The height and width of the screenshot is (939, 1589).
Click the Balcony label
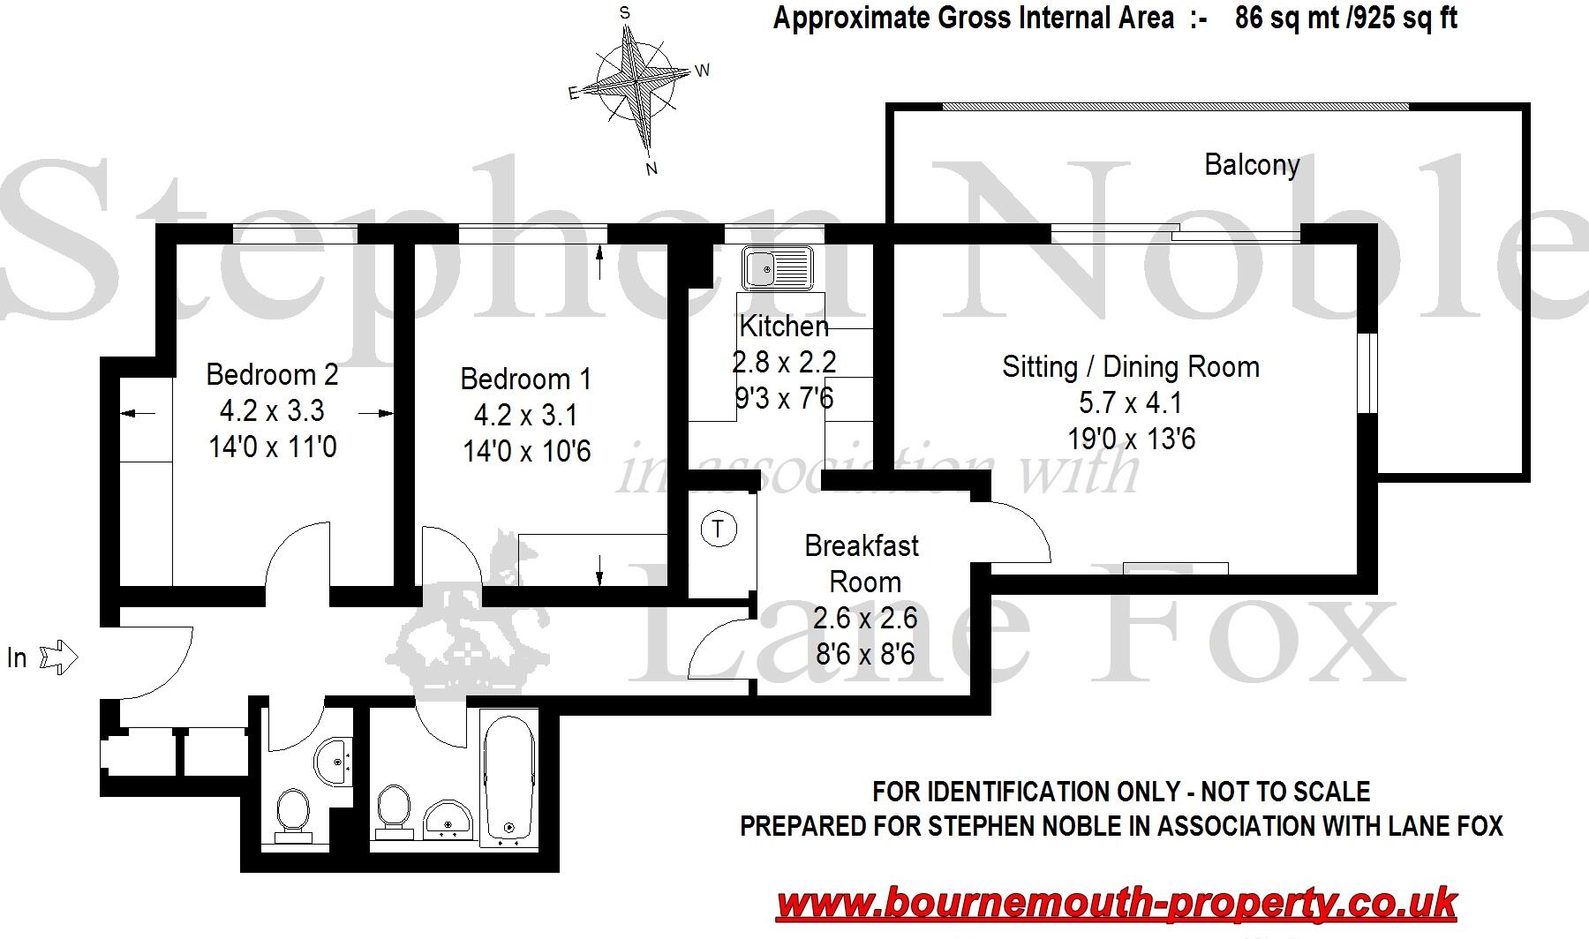[1251, 165]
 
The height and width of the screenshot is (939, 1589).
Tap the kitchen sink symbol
[777, 267]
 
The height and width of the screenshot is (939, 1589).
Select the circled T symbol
[719, 530]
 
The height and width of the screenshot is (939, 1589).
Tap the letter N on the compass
[652, 169]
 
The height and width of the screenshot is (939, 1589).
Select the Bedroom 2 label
[272, 374]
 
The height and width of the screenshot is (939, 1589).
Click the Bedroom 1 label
[526, 379]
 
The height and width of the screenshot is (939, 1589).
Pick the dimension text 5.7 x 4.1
[1130, 403]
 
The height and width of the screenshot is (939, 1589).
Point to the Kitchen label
[784, 327]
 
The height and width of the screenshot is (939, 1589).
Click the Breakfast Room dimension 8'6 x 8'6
[864, 655]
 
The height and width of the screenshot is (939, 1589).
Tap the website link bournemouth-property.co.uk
[1117, 904]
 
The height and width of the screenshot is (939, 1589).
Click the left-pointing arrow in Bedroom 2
[136, 412]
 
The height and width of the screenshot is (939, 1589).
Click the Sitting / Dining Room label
[1130, 367]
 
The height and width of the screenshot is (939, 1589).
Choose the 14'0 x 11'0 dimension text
[272, 447]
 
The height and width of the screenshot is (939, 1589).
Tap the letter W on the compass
[703, 71]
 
